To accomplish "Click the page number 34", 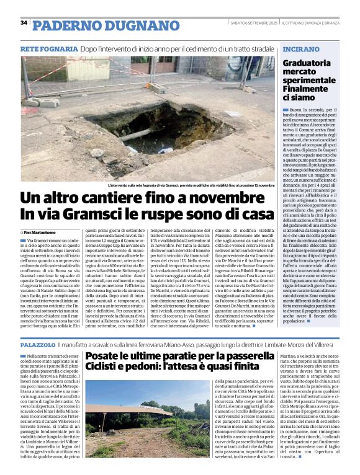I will coord(24,22).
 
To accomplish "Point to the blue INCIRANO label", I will coord(301,48).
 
